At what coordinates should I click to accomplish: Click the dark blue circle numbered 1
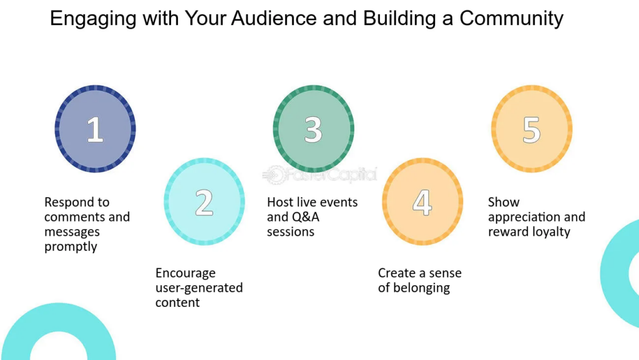click(95, 129)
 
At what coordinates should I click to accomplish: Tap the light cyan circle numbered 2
click(204, 202)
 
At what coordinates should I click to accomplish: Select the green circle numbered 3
click(313, 129)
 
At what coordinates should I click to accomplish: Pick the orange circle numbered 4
click(422, 202)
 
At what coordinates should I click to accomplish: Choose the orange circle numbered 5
click(532, 129)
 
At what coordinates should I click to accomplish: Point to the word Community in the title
click(511, 19)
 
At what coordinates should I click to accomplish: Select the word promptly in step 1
click(71, 246)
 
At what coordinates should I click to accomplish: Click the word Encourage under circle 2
click(185, 273)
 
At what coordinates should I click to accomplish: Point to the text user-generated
click(199, 288)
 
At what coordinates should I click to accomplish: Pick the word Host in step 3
click(280, 202)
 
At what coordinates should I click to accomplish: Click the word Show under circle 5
click(504, 202)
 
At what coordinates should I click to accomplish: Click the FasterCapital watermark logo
click(320, 175)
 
